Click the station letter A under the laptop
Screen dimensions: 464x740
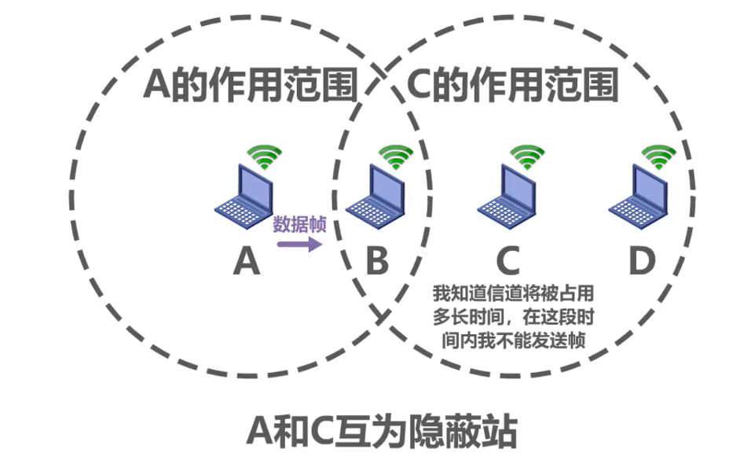pos(246,262)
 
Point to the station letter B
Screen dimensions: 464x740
pos(377,262)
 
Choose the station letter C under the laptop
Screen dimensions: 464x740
pos(508,262)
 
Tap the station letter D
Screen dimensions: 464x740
pos(641,262)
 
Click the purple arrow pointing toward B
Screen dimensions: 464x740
pos(299,245)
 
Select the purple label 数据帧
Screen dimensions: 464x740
pos(299,224)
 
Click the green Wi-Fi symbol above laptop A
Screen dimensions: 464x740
pos(265,157)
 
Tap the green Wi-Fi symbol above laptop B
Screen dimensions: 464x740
pos(396,157)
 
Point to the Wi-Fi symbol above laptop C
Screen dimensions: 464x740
pos(527,157)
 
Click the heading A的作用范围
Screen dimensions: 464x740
pos(251,85)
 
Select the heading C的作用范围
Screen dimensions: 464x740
pos(513,85)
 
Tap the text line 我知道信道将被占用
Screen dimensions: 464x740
pos(511,295)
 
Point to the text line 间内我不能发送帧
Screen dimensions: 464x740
pos(511,340)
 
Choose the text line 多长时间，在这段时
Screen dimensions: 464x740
pos(511,318)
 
